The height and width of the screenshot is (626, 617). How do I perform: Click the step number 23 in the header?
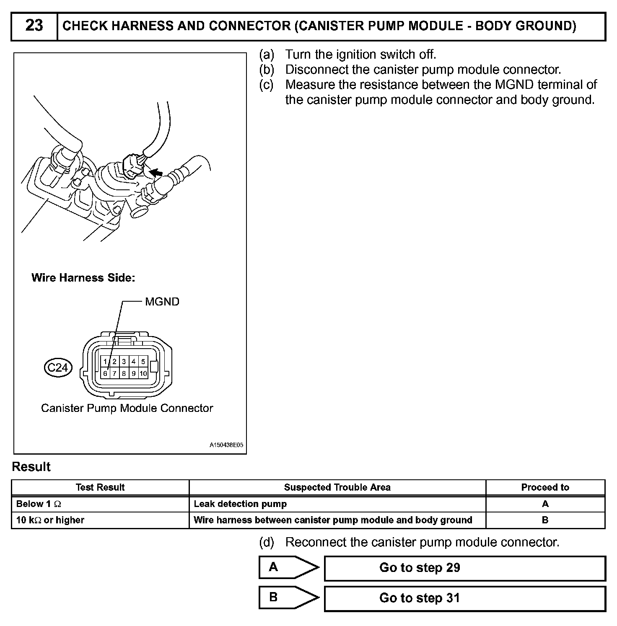coord(34,26)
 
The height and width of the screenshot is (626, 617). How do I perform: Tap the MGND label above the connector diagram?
coord(162,302)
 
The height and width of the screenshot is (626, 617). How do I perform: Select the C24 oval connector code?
coord(58,367)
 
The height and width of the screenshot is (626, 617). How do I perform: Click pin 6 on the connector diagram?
coord(105,373)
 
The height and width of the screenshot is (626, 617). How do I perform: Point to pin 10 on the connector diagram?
coord(143,373)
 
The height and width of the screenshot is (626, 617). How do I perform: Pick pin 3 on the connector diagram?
coord(124,361)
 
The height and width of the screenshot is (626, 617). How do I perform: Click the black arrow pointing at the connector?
coord(156,172)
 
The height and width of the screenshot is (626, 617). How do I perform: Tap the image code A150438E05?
coord(226,445)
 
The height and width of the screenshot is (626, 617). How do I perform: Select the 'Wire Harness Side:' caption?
coord(83,278)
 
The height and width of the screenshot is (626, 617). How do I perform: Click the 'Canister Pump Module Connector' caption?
coord(127,408)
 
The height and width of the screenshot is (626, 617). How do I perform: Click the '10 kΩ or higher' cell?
coord(50,520)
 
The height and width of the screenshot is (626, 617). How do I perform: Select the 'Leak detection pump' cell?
coord(240,504)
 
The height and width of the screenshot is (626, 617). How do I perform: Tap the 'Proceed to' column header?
coord(545,487)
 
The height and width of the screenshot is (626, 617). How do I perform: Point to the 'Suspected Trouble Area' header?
coord(337,487)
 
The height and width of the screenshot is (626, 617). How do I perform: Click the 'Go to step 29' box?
coord(465,568)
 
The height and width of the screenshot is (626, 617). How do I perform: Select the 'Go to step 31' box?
coord(465,598)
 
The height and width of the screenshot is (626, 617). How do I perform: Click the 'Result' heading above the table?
coord(31,467)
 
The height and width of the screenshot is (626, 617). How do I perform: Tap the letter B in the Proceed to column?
coord(545,520)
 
